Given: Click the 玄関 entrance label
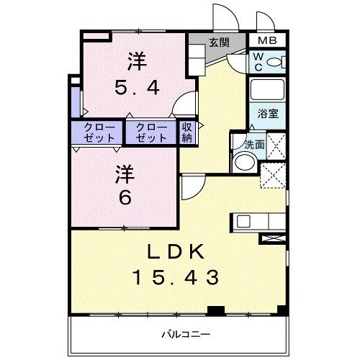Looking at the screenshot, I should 220,42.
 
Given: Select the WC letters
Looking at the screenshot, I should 257,62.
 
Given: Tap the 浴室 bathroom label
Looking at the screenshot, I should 269,114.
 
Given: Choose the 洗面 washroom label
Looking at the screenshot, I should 254,143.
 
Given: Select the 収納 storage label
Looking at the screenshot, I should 186,132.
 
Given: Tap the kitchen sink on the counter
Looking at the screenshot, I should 242,221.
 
